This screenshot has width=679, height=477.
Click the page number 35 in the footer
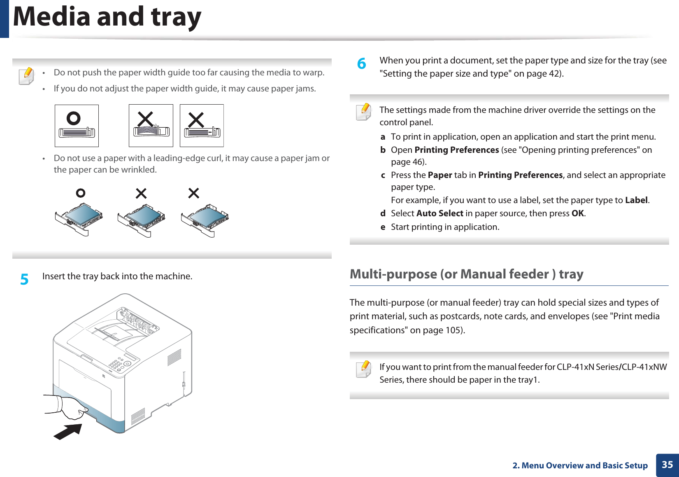click(667, 465)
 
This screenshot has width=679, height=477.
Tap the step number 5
click(25, 279)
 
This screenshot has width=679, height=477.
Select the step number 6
click(361, 63)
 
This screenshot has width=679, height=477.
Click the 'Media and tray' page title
click(107, 17)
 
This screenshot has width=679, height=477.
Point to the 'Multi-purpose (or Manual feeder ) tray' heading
click(466, 274)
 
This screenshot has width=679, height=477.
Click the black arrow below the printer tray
click(67, 431)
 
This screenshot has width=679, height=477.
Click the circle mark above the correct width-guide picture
click(74, 119)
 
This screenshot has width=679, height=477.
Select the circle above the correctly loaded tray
click(81, 193)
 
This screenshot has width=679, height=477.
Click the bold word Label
click(636, 200)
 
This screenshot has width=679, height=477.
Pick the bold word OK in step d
click(577, 213)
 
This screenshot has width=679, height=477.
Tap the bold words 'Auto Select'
click(439, 213)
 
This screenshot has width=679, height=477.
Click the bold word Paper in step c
click(439, 175)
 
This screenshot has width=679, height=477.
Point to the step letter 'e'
click(383, 227)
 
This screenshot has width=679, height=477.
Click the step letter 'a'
click(383, 137)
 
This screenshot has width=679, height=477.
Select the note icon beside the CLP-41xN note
click(364, 369)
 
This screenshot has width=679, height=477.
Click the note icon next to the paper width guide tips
click(26, 76)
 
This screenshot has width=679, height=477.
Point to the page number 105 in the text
click(454, 330)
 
